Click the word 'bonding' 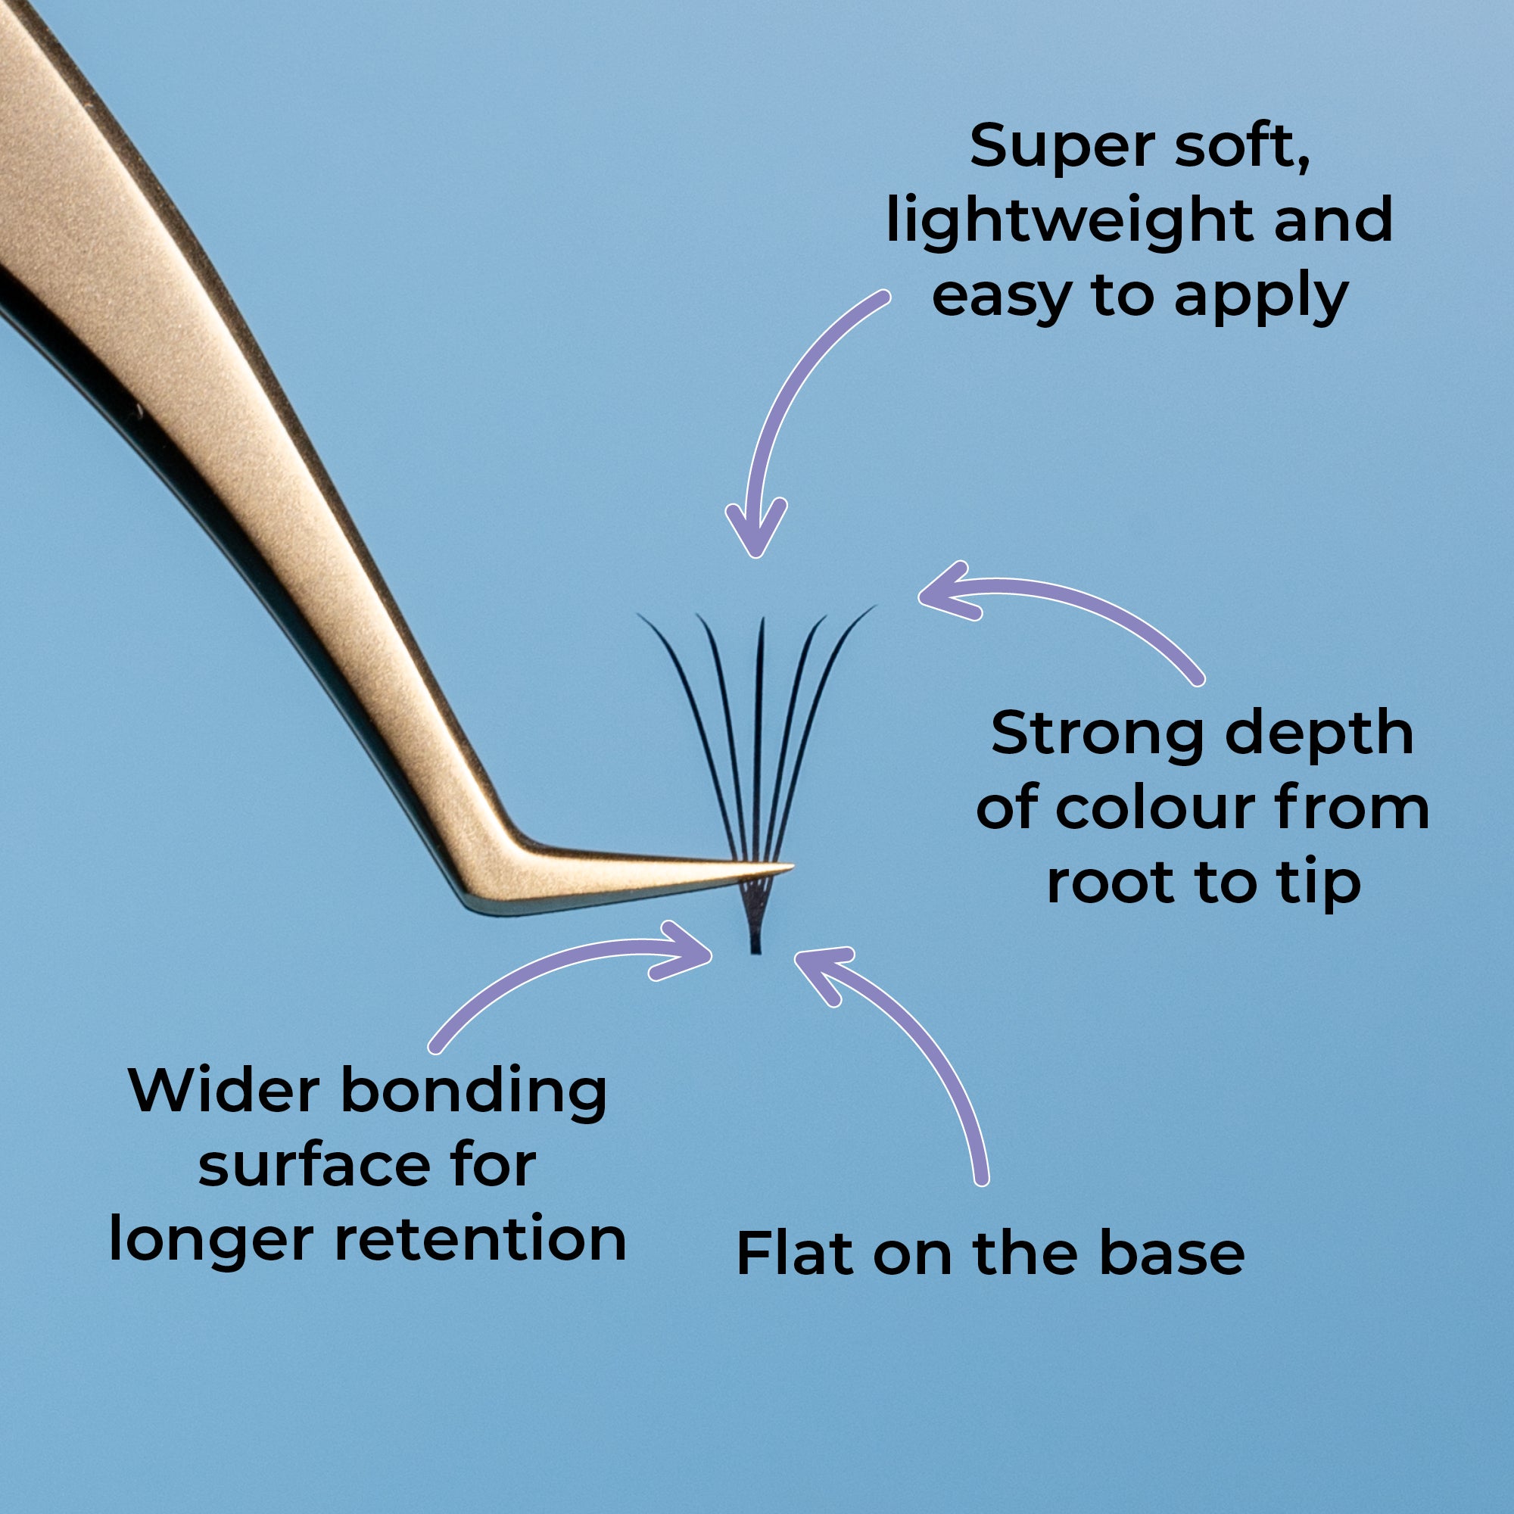(475, 1092)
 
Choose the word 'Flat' (795, 1253)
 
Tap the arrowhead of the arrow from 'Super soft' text (755, 540)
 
